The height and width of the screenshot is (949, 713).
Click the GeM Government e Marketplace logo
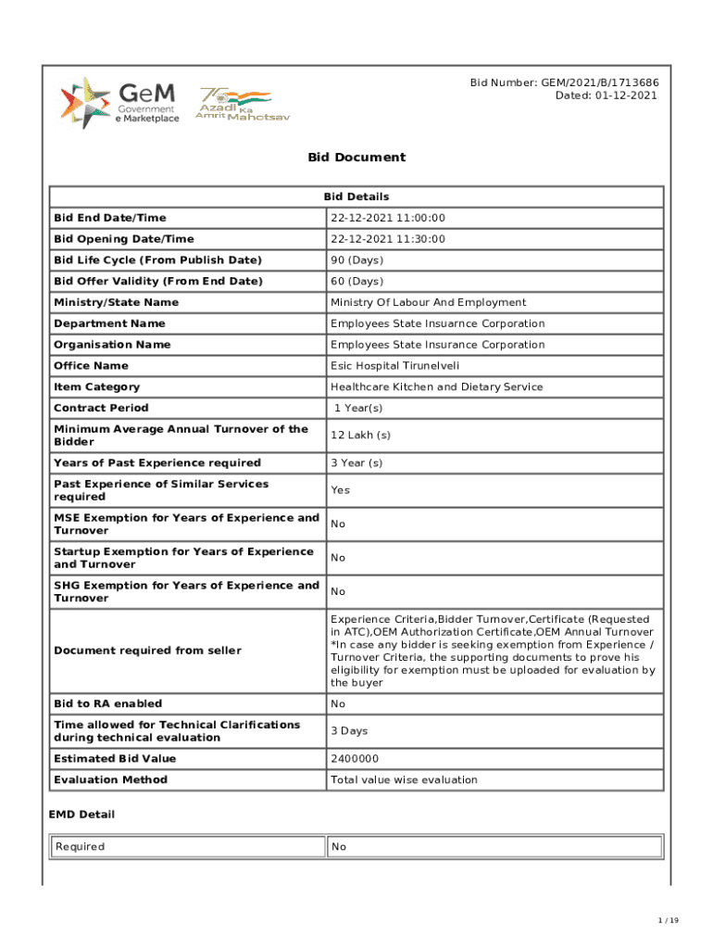tap(119, 102)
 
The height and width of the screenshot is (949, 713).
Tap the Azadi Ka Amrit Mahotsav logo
tap(233, 104)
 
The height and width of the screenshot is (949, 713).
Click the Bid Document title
tap(356, 158)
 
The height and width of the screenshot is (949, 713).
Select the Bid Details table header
tap(356, 196)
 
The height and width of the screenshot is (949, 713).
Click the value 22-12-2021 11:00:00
tap(388, 218)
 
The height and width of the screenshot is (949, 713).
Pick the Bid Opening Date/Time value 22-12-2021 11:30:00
tap(388, 239)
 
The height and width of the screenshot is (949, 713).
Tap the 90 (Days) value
tap(356, 260)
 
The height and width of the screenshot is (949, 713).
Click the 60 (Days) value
tap(356, 282)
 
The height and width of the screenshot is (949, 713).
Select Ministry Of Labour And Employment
tap(428, 303)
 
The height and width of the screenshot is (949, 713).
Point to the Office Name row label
tap(91, 366)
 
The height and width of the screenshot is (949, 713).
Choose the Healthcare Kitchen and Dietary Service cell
tap(436, 387)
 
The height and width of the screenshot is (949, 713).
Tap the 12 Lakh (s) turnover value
tap(360, 436)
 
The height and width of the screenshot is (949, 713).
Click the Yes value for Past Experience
tap(341, 490)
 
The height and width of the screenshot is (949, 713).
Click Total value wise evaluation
tap(404, 780)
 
